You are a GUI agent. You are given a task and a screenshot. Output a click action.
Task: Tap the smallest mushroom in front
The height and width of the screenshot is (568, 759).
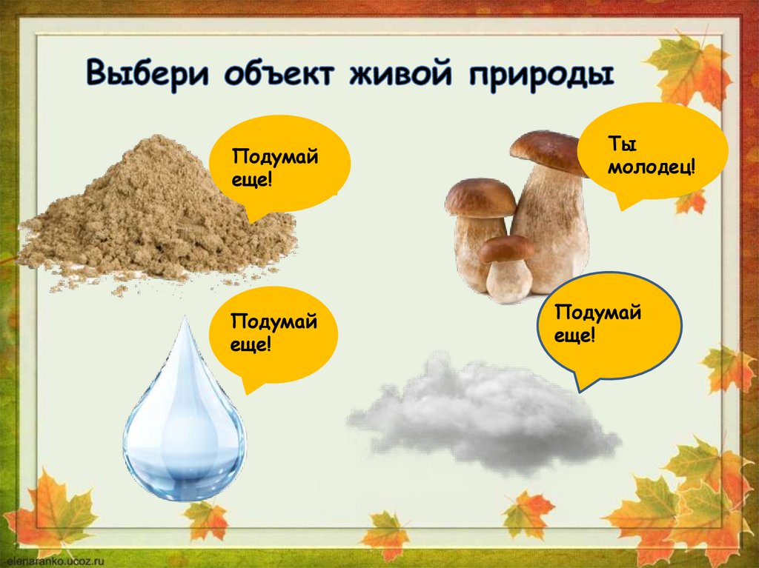tap(508, 270)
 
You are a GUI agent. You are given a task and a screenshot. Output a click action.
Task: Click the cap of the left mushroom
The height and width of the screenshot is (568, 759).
tap(480, 197)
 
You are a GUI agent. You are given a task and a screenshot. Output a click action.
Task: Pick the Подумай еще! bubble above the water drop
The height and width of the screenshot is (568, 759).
tap(274, 333)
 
